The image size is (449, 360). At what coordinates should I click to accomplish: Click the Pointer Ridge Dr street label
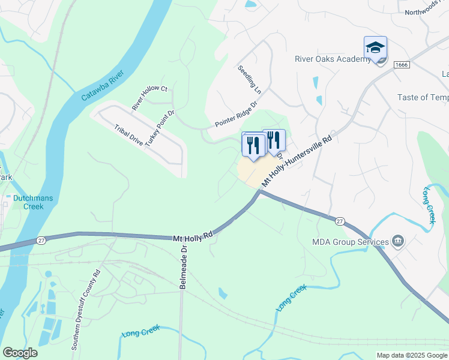point(236,115)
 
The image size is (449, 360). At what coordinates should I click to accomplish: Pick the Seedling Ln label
point(250,79)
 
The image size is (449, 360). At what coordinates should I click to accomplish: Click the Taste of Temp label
point(423,97)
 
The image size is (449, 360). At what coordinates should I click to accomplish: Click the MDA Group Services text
point(350,242)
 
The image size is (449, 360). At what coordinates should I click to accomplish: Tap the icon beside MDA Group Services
point(397,242)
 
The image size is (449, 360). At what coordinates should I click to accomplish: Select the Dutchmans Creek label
point(25,202)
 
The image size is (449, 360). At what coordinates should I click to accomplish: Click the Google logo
point(20,353)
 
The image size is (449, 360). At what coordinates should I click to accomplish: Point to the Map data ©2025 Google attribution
point(411,355)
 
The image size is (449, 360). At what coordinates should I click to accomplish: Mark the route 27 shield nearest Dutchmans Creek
point(41,241)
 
